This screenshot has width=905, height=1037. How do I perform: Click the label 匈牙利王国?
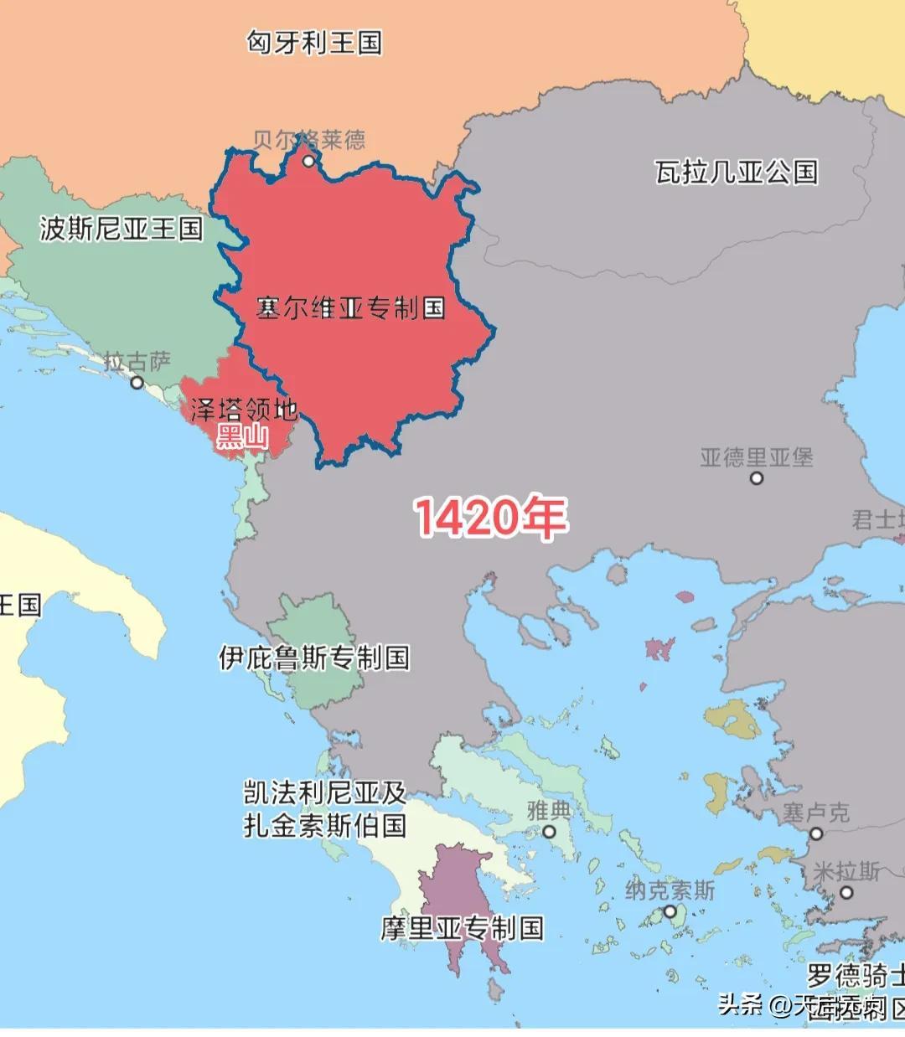[x=314, y=42]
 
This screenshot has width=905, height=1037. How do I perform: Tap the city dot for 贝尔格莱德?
[x=308, y=161]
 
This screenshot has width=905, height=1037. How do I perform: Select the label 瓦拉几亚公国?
[x=736, y=173]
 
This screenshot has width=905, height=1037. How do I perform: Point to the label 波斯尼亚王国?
[x=121, y=228]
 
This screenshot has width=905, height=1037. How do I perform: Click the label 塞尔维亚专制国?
[x=350, y=308]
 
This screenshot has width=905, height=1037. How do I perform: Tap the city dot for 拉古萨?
[x=137, y=383]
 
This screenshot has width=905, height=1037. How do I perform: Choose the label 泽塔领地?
[x=244, y=410]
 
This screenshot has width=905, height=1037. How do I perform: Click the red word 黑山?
[x=242, y=436]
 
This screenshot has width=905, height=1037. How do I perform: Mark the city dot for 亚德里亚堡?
[x=757, y=478]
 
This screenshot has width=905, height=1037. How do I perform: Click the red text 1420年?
[x=491, y=517]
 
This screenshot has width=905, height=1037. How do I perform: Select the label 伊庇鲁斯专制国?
[x=314, y=658]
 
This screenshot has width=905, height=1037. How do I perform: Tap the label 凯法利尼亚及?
[x=325, y=792]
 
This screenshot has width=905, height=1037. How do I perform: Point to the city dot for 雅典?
[x=549, y=832]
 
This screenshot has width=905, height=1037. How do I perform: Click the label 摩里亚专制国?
[x=462, y=928]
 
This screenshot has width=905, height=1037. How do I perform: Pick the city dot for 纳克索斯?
[x=670, y=912]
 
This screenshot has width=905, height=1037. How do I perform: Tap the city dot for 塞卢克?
[x=816, y=833]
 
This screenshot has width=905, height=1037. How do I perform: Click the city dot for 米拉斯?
[x=846, y=893]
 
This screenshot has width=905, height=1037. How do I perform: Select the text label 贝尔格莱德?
[x=310, y=139]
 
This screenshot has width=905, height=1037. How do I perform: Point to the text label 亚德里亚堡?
[x=757, y=457]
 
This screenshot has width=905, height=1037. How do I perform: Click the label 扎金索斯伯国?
[x=325, y=826]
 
